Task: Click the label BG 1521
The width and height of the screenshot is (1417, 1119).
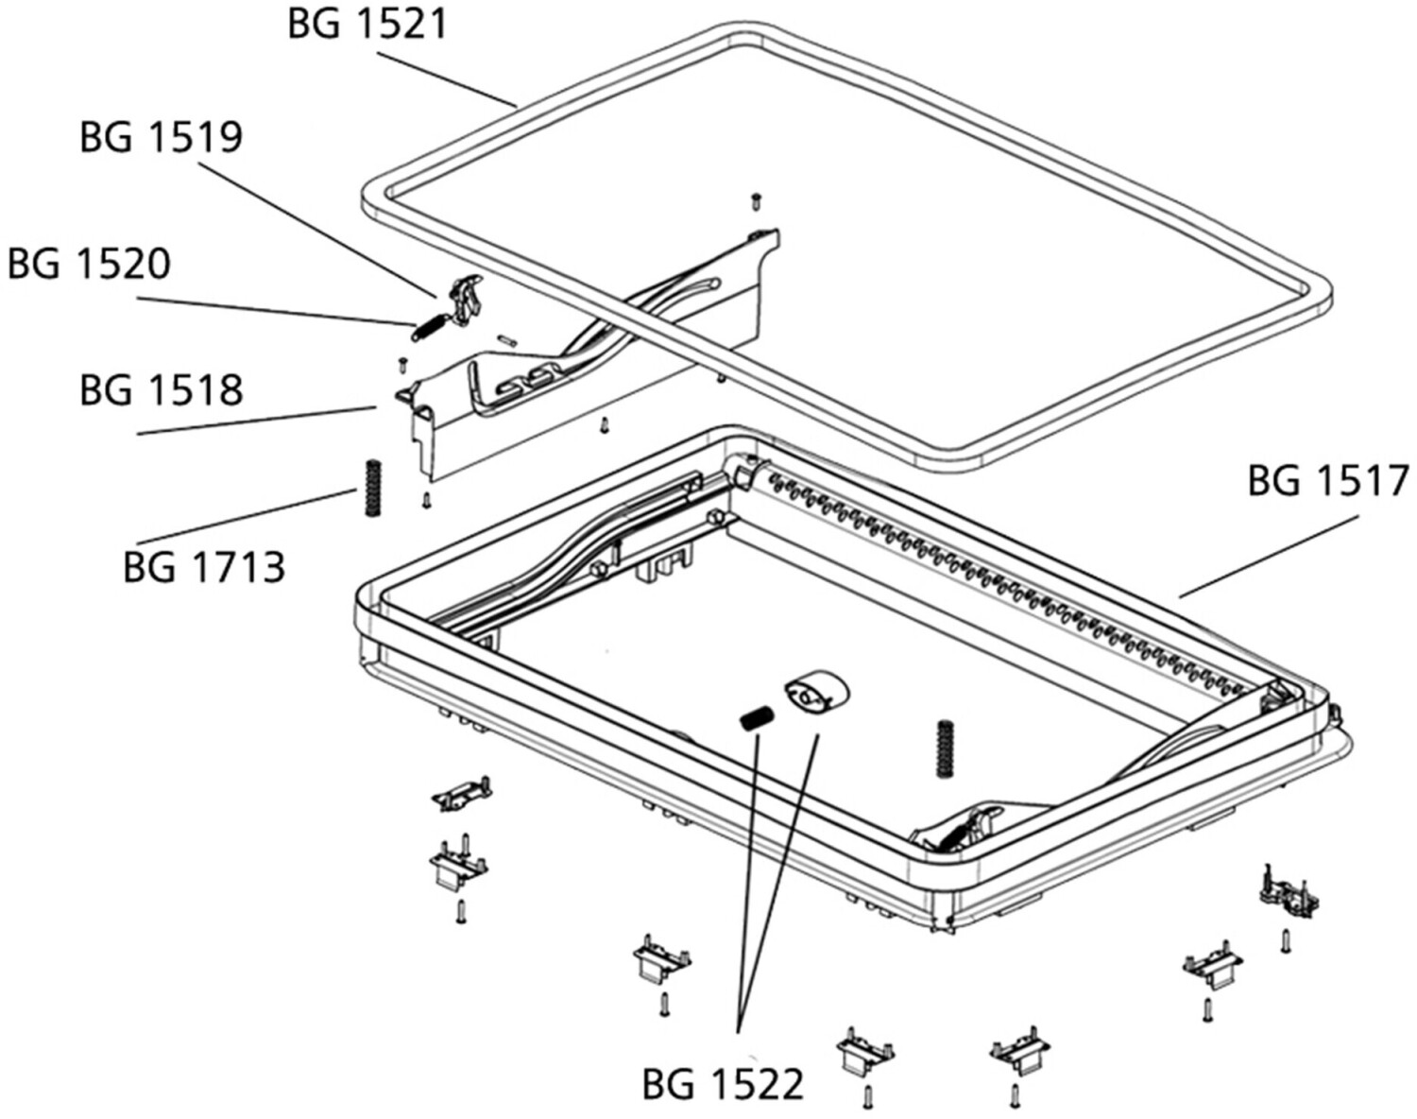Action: [368, 25]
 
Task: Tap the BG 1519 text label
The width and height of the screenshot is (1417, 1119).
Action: [162, 138]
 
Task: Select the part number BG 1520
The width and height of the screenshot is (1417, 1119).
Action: [89, 264]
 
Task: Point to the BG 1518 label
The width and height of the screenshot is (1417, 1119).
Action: [162, 390]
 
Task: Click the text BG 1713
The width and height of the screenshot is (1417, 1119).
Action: [204, 567]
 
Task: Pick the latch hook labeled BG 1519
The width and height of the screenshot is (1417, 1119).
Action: [466, 300]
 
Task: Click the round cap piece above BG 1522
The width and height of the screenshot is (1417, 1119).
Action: [816, 697]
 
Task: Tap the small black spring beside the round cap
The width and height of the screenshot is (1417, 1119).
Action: [758, 717]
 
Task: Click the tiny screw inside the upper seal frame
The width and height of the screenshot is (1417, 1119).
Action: [756, 201]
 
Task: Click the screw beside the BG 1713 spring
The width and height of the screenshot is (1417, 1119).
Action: [427, 502]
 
